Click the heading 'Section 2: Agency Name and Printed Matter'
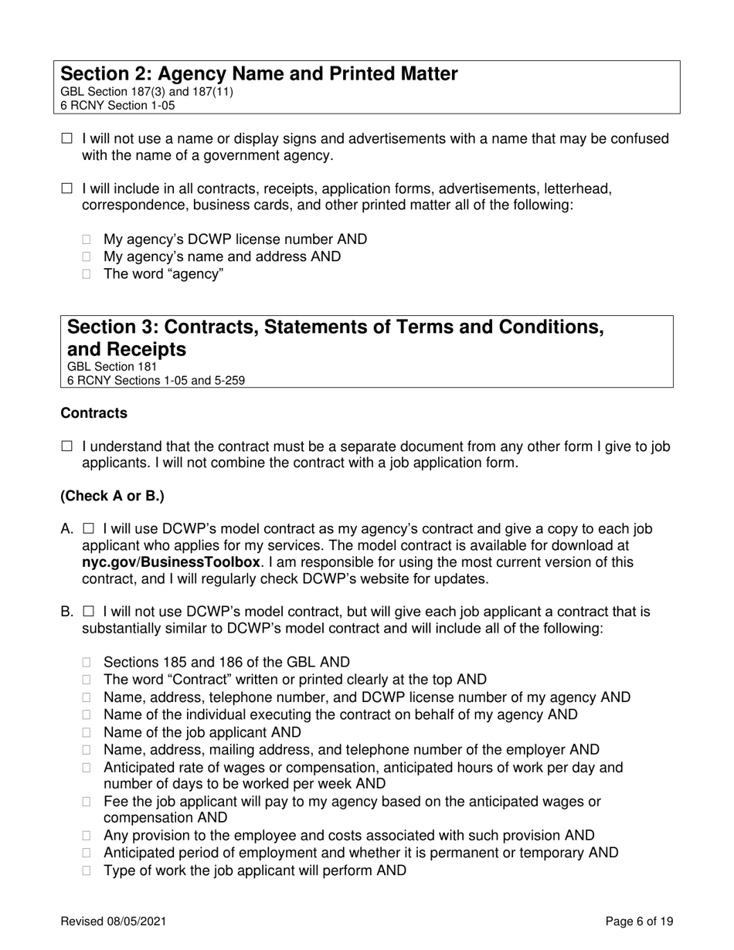[x=259, y=74]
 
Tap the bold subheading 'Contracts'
[x=93, y=413]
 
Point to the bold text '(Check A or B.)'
[x=112, y=496]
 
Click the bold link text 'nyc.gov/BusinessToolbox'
[x=171, y=562]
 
